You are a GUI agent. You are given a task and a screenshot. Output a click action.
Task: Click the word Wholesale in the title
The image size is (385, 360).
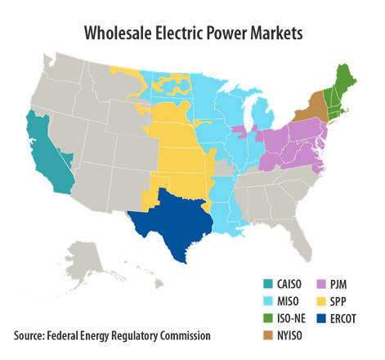[119, 34]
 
